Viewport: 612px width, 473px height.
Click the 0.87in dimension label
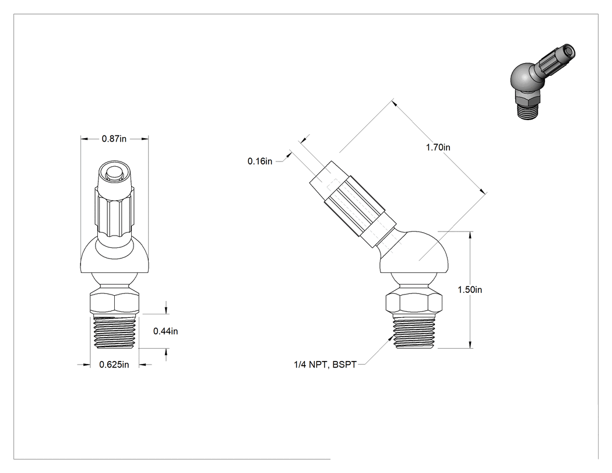114,139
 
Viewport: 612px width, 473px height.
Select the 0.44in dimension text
166,331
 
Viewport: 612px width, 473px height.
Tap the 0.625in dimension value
114,365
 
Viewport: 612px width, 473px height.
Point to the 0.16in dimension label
260,162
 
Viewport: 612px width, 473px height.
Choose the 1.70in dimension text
438,147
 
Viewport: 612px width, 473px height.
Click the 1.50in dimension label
470,290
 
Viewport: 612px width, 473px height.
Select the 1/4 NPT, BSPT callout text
325,365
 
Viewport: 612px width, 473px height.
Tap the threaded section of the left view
115,332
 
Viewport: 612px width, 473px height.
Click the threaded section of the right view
414,332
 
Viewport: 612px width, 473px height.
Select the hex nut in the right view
414,302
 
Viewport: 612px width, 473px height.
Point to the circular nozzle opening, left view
114,172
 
